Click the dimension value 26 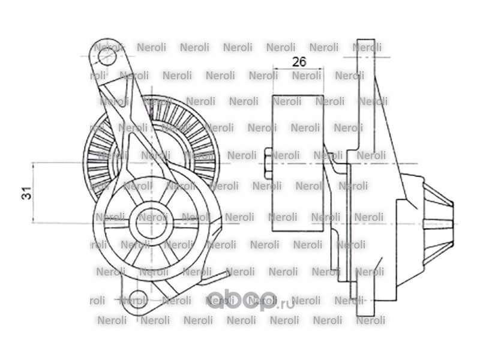299,62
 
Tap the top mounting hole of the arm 106,58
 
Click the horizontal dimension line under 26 299,70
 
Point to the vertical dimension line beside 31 34,193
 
